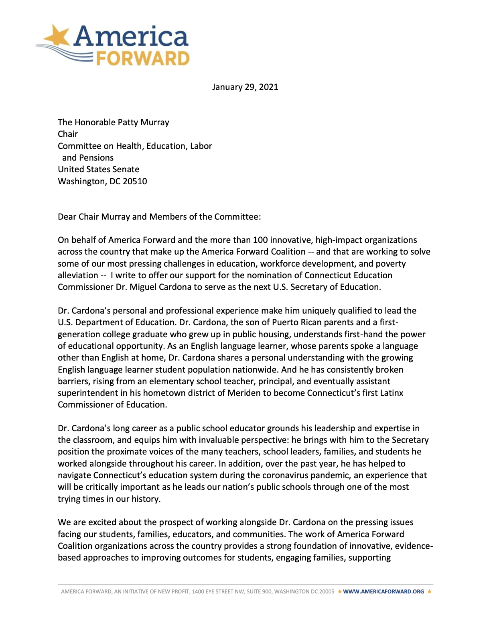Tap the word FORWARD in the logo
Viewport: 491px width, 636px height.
[x=143, y=59]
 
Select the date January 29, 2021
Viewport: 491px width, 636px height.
[x=245, y=87]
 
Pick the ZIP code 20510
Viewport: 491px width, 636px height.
[x=135, y=181]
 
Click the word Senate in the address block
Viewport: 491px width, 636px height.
[x=126, y=169]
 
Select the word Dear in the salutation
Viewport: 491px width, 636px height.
[x=67, y=217]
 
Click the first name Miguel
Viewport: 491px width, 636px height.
[x=144, y=287]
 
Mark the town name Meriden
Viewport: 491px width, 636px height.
[x=244, y=393]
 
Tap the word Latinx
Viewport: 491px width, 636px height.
[x=392, y=393]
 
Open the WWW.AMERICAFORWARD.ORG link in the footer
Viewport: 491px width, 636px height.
[x=383, y=591]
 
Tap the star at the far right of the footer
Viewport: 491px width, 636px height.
[x=429, y=591]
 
